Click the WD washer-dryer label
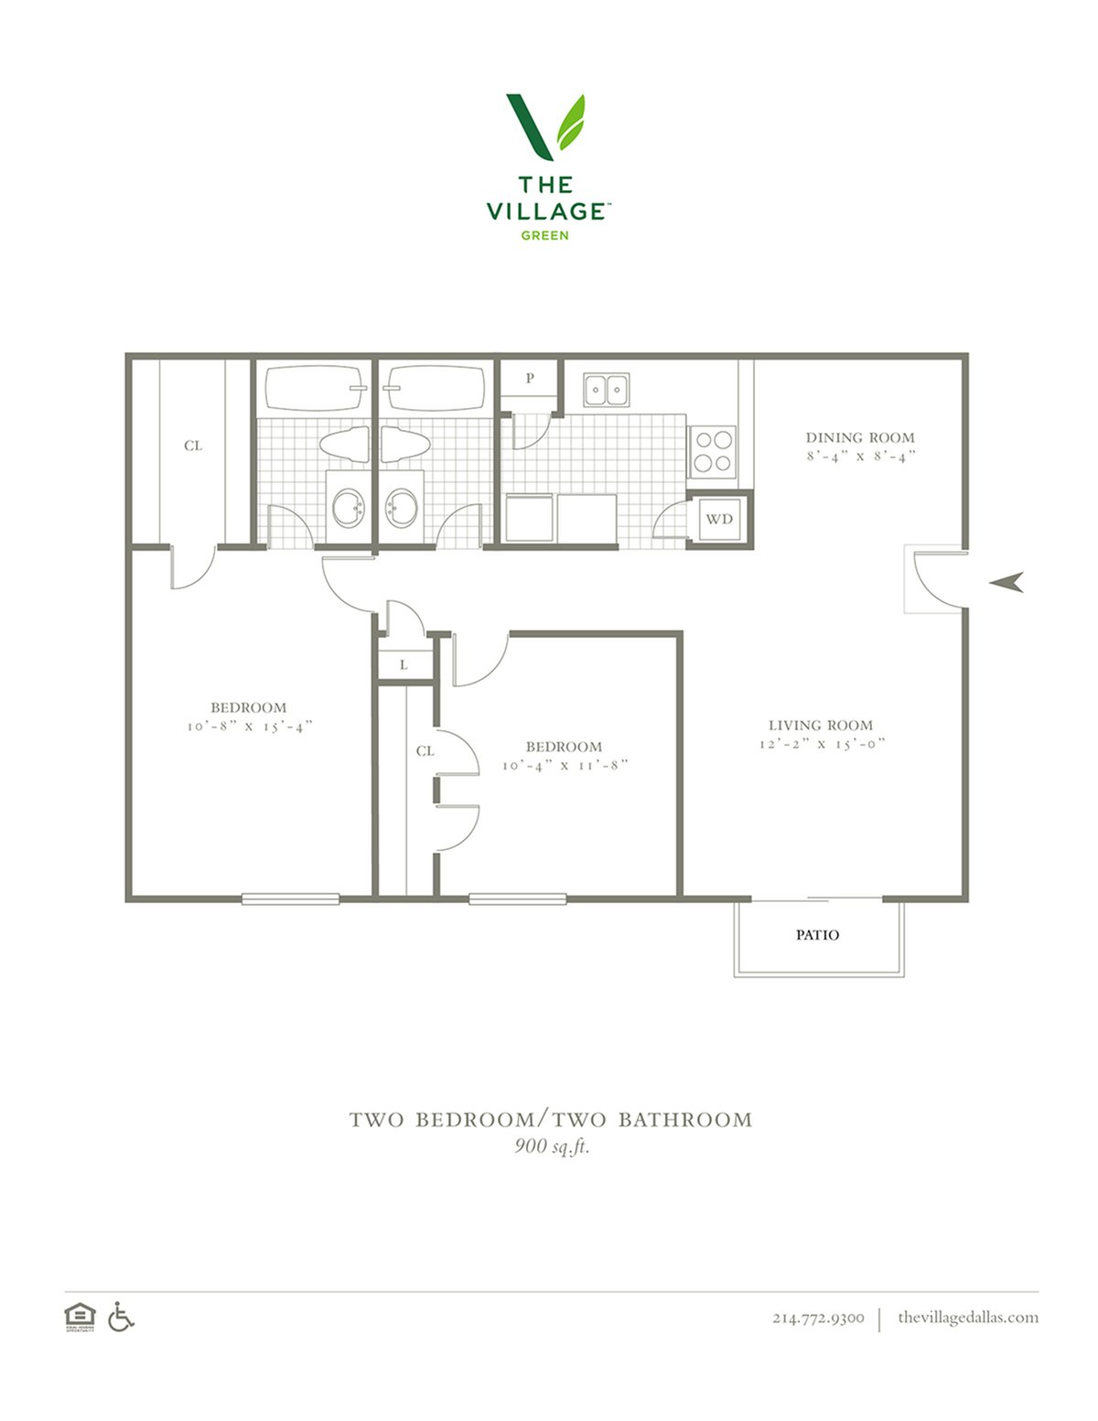pos(718,519)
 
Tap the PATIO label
pos(817,935)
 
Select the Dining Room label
pos(860,437)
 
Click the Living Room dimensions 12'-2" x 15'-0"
pos(822,744)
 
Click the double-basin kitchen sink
pos(607,390)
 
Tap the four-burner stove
pos(712,452)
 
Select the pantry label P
pos(530,377)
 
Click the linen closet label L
pos(404,665)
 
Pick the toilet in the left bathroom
pos(344,445)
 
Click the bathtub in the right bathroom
pos(435,388)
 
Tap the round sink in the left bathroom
pos(348,507)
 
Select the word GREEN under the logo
pos(544,235)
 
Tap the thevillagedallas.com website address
pos(968,1317)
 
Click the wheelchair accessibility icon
pos(121,1317)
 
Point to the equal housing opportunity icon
pos(80,1317)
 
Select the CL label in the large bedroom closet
pos(193,446)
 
